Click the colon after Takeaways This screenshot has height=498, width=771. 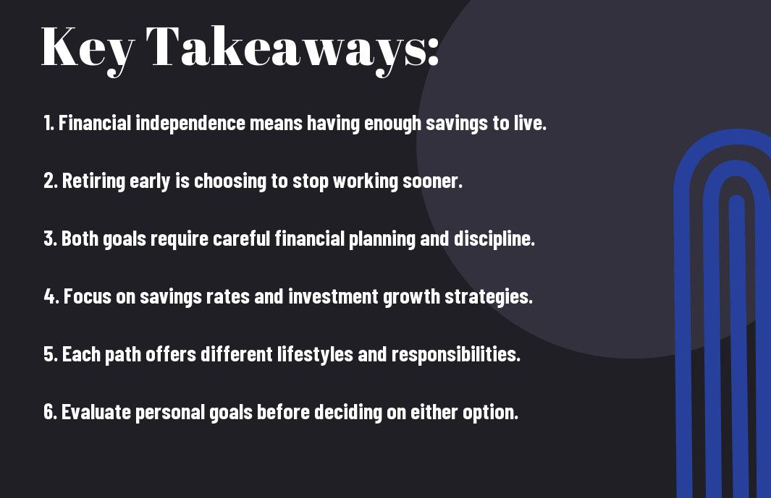point(433,51)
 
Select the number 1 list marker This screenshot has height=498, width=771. point(49,123)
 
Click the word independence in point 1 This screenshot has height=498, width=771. point(190,123)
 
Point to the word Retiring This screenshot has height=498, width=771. point(93,181)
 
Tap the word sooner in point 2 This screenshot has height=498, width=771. point(430,181)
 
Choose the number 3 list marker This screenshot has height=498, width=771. point(50,239)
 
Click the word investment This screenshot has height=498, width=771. point(334,296)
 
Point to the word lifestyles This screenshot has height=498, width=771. point(315,354)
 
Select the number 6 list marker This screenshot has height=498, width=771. point(50,412)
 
